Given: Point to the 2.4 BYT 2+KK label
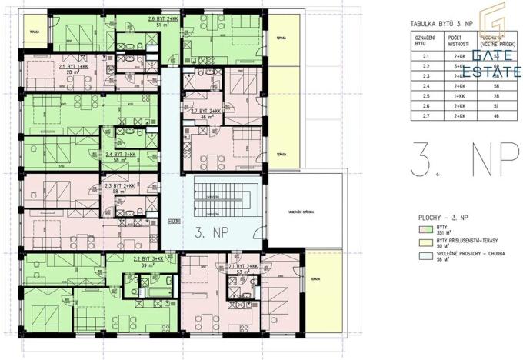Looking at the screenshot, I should click(x=121, y=155).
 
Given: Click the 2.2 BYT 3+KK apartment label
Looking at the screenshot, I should click(x=149, y=260).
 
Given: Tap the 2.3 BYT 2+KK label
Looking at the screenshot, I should click(x=122, y=185).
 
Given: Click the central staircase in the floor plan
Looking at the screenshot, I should click(x=225, y=200).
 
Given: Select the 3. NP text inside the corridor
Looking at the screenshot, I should click(x=212, y=230).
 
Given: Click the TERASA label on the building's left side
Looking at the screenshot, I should click(x=33, y=32).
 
